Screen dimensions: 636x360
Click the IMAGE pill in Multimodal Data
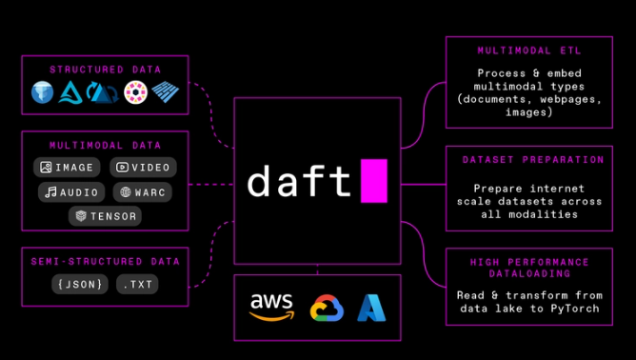point(67,168)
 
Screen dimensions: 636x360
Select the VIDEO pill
point(143,168)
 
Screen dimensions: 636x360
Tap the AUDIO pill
point(71,192)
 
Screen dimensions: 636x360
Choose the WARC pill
point(143,192)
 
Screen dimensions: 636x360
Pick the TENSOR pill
point(105,216)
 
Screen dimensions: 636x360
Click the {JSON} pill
point(80,284)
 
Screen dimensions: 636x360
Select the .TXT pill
point(137,284)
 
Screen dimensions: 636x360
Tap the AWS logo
point(271,308)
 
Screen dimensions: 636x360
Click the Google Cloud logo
point(327,308)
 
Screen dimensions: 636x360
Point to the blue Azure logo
point(371,308)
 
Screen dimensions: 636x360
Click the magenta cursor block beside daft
point(374,181)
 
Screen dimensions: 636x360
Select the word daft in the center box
point(299,181)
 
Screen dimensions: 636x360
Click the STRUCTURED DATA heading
point(105,70)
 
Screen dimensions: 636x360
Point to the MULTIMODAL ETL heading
point(529,50)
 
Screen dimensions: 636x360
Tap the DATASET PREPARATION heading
point(533,159)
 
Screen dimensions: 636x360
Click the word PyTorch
point(575,309)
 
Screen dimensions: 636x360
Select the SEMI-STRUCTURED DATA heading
point(105,261)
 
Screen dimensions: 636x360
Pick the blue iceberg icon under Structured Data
point(43,92)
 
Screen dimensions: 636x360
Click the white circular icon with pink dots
point(135,92)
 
